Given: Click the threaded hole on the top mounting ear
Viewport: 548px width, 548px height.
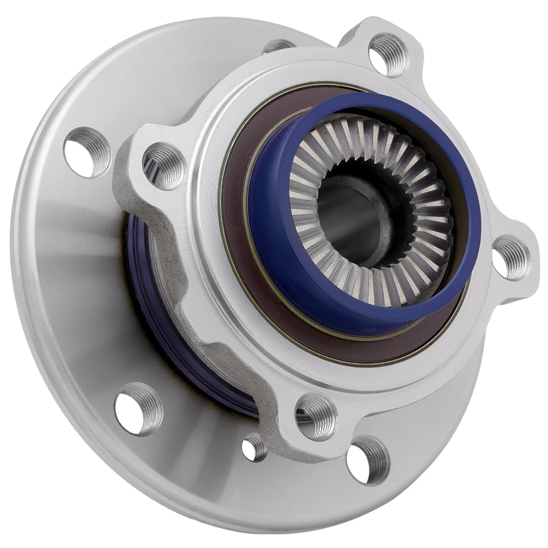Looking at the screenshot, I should point(388,54).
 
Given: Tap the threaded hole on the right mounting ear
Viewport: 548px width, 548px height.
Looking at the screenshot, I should point(511,257).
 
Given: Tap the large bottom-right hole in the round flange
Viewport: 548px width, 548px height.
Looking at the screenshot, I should point(368,460).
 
